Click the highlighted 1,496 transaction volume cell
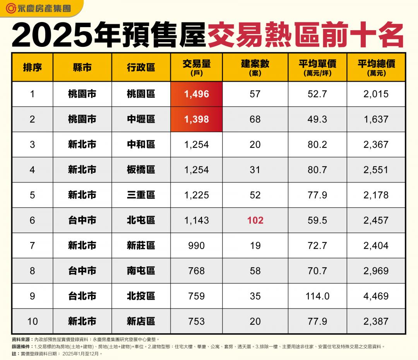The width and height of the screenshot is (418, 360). (197, 94)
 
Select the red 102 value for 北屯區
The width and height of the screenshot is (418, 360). (255, 220)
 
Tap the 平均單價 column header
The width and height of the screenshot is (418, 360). (317, 67)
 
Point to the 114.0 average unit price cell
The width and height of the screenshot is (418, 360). (317, 296)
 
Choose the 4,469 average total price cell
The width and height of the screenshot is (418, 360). (376, 296)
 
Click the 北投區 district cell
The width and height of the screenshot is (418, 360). (141, 296)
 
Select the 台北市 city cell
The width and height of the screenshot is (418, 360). (82, 296)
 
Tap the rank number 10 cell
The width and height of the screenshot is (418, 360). (32, 321)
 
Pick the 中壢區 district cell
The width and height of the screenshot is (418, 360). (141, 119)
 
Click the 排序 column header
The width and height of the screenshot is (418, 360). (32, 67)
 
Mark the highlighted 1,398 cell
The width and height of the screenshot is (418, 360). (197, 119)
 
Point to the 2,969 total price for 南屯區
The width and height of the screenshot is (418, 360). (376, 271)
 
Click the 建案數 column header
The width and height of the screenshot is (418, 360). (255, 67)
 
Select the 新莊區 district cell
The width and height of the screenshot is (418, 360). (141, 246)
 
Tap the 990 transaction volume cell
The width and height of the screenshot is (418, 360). (197, 246)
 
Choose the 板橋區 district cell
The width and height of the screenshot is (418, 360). (141, 170)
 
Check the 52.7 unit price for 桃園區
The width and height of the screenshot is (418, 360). (317, 94)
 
